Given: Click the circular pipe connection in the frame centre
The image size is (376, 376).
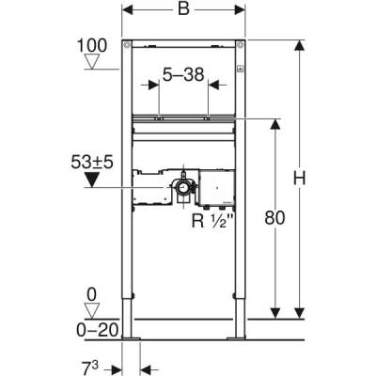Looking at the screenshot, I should tap(179, 192).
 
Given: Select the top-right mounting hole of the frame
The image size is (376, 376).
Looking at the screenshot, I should tap(242, 46).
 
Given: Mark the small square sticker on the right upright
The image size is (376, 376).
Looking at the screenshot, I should tap(241, 69).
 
